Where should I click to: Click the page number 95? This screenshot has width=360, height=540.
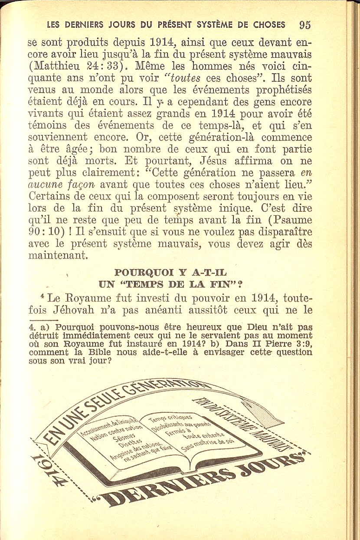[x=304, y=24]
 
